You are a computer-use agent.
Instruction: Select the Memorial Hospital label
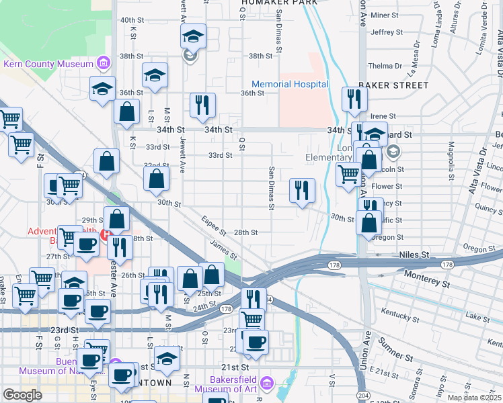coord(290,85)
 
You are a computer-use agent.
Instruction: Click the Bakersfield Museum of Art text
coord(225,384)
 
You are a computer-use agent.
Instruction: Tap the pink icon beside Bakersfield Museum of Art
coord(266,383)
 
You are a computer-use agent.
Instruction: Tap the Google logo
coord(22,395)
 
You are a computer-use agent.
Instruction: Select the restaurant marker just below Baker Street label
coord(353,99)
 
